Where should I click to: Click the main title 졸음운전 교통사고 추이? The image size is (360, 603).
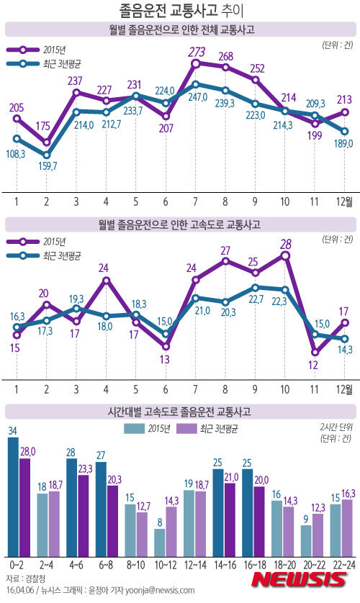[180, 11]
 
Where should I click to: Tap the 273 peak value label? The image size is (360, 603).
[197, 52]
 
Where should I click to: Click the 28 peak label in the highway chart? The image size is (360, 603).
[286, 243]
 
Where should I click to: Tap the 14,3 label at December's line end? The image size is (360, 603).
[345, 350]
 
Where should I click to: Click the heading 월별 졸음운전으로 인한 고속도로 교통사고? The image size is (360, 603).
[180, 225]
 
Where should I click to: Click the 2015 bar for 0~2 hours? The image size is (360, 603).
[13, 497]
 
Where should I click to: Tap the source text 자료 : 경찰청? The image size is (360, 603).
[25, 579]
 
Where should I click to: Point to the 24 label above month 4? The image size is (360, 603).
[105, 268]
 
